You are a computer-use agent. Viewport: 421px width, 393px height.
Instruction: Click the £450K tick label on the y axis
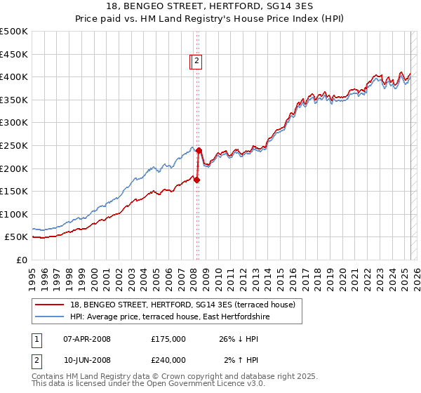coord(14,54)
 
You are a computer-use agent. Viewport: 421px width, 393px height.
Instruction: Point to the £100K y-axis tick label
coord(14,214)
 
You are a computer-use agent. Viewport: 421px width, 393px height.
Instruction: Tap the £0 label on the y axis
coord(22,260)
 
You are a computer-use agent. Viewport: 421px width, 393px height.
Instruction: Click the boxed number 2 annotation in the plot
coord(196,62)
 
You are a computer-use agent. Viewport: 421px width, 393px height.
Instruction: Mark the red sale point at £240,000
coord(199,150)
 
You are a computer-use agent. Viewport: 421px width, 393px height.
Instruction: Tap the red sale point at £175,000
coord(196,180)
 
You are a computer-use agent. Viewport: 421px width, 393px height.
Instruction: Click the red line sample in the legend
coord(49,305)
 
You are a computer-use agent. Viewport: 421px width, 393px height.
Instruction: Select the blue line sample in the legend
coord(49,317)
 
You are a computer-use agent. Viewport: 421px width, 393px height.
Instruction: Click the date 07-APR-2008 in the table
coord(87,339)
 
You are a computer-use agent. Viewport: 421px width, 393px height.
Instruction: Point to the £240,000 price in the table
coord(168,360)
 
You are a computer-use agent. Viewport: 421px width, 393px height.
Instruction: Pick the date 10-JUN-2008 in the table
coord(87,360)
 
